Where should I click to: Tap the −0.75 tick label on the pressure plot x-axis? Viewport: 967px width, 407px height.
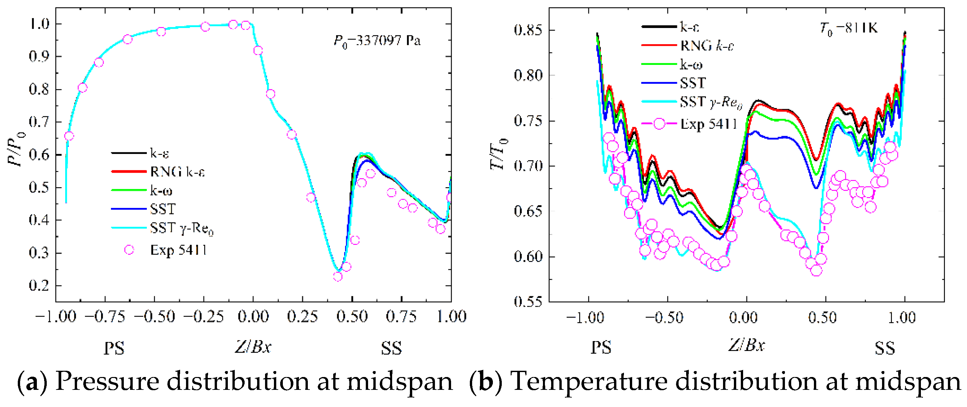(x=104, y=317)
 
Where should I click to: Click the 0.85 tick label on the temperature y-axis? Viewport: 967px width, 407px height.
(x=528, y=30)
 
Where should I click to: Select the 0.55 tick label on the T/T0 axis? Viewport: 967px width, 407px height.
(x=528, y=302)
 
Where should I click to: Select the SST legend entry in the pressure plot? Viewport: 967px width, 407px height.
(x=163, y=209)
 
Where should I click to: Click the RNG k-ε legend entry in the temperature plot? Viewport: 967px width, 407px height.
(x=707, y=46)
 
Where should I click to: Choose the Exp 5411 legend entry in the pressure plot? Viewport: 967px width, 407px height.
(x=178, y=250)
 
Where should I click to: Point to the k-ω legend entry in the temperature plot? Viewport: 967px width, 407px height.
(x=691, y=65)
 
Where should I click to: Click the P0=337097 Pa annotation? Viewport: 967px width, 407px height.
(x=377, y=41)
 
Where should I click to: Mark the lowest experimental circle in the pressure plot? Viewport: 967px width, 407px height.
(x=337, y=276)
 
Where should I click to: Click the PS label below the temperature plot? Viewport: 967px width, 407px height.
(x=601, y=348)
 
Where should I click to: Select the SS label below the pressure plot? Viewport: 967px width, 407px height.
(x=391, y=348)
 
